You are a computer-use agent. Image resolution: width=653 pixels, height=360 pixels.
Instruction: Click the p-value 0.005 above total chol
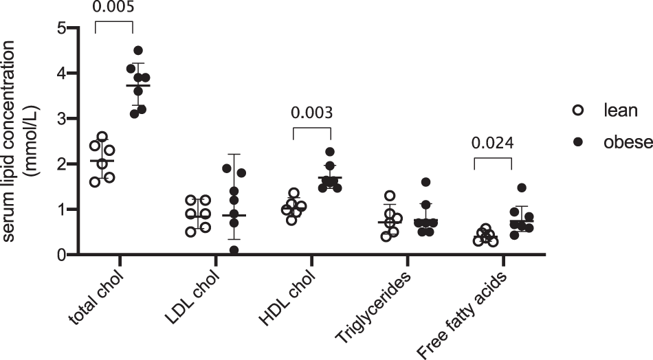pyautogui.click(x=113, y=8)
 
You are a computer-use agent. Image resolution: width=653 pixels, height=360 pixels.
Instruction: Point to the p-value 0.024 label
pyautogui.click(x=492, y=144)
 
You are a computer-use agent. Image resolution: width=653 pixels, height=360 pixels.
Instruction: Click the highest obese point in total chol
pyautogui.click(x=138, y=51)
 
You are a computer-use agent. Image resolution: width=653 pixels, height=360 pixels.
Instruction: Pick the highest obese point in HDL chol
pyautogui.click(x=329, y=152)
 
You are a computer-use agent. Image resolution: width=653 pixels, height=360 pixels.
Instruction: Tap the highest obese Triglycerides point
pyautogui.click(x=425, y=182)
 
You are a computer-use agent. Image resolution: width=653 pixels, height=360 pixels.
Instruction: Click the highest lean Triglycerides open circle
pyautogui.click(x=390, y=196)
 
